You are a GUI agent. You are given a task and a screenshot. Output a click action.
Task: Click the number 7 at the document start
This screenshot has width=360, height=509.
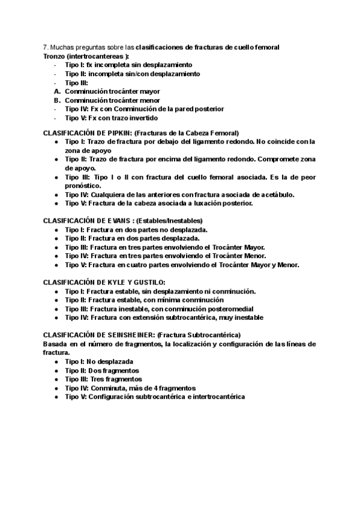45,47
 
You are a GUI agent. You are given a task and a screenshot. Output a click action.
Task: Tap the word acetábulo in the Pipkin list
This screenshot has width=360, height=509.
278,194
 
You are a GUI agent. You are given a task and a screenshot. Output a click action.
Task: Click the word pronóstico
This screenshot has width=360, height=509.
83,186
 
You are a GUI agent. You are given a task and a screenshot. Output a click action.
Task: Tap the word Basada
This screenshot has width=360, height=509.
55,343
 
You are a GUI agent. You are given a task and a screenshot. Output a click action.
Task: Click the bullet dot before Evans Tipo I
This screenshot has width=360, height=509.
56,230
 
